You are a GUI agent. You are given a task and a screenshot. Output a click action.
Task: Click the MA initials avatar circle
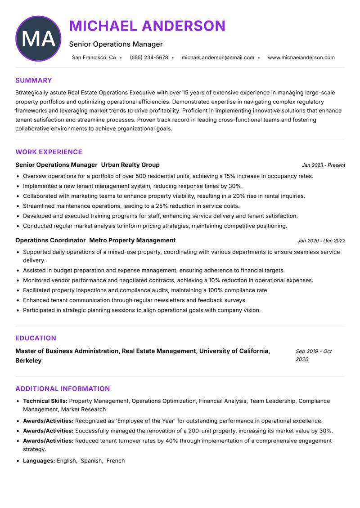coord(38,38)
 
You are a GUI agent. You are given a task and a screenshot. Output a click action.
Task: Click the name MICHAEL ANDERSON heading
coord(147,26)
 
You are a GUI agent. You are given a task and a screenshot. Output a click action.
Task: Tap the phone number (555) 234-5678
coord(149,58)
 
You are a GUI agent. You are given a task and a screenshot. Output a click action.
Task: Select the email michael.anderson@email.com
coord(218,58)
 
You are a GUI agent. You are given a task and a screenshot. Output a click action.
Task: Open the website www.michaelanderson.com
coord(301,58)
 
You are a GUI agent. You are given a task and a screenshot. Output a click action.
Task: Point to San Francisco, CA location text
coord(94,58)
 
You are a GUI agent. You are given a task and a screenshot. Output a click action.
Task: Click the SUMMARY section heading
coord(34,80)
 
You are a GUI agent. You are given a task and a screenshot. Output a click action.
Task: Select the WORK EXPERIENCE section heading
coord(49,152)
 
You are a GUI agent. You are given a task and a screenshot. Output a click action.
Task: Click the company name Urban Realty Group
coord(130,165)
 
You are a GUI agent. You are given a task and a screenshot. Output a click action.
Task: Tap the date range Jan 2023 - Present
coord(323,165)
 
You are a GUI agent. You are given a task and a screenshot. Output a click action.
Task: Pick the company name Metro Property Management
coord(132,241)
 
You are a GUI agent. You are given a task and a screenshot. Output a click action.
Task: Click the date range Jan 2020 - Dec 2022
coord(321,241)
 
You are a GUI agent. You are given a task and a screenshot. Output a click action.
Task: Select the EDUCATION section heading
coord(36,338)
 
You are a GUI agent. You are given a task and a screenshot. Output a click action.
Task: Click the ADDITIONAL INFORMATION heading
coord(63,389)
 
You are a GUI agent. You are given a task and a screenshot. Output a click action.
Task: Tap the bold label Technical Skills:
coord(45,401)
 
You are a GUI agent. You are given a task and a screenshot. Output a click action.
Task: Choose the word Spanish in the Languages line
coord(91,461)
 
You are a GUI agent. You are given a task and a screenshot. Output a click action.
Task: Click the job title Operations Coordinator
coord(50,241)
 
